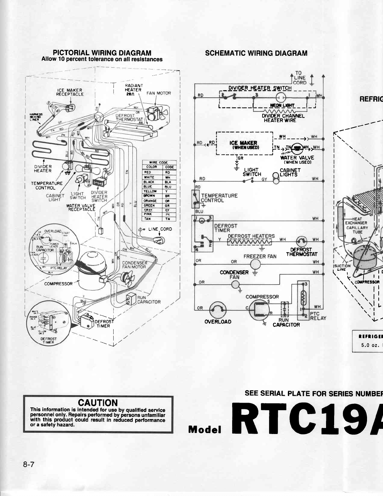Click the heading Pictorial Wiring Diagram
[x=102, y=53]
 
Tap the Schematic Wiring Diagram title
[x=256, y=53]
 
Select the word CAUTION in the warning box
[x=98, y=403]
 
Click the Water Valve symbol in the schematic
[x=296, y=148]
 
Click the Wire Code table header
[x=159, y=163]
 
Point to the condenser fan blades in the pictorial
[x=129, y=277]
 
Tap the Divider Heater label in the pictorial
[x=43, y=168]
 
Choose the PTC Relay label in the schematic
[x=317, y=316]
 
